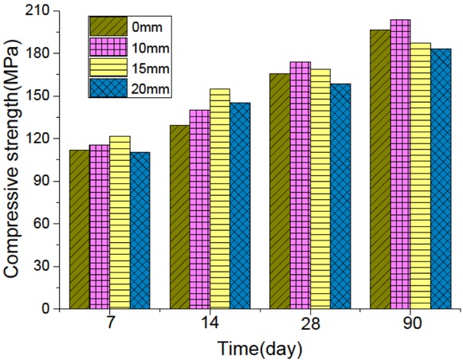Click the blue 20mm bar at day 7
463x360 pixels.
pos(140,230)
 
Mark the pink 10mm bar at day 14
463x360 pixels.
pos(199,209)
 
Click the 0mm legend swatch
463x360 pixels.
pos(108,25)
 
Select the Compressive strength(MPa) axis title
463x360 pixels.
pos(13,159)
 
